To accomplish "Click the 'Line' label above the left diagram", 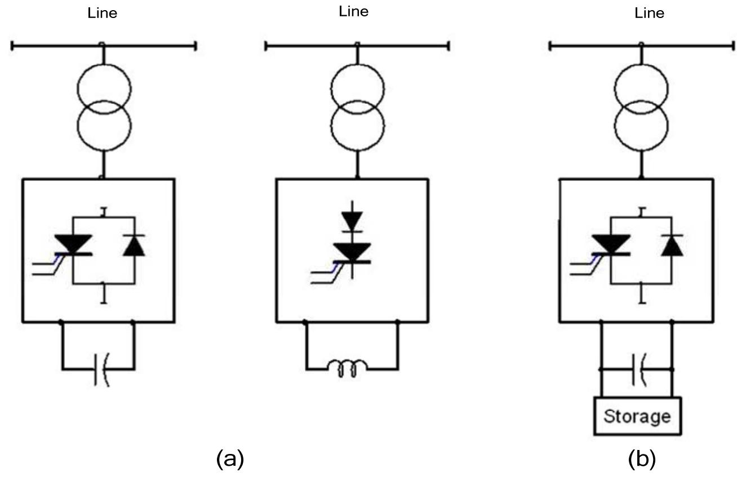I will coord(102,14).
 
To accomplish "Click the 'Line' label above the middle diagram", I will coord(353,12).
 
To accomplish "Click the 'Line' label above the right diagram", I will coord(649,14).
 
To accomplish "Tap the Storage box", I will coord(637,416).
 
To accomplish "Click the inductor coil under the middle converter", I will coord(347,369).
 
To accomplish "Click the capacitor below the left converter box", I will coord(99,369).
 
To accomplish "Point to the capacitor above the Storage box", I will coord(638,369).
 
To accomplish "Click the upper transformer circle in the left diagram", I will coord(104,87).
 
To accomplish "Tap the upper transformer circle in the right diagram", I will coord(641,87).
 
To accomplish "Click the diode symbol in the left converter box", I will coord(134,246).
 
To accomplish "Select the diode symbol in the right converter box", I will coord(672,246).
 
